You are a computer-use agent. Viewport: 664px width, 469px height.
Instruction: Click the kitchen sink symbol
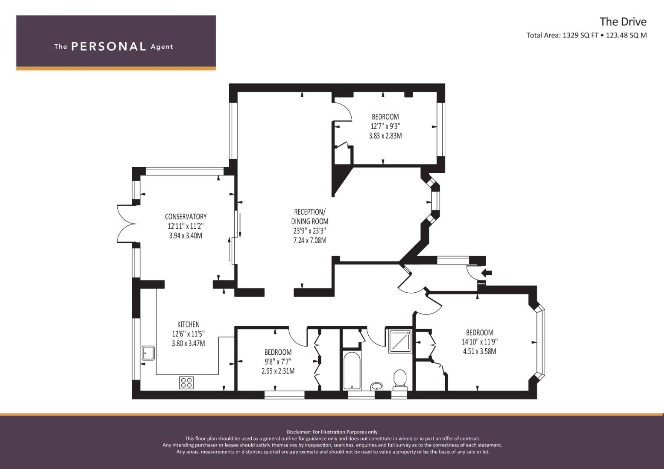(148, 353)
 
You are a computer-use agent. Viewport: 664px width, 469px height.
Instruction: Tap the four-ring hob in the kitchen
(187, 382)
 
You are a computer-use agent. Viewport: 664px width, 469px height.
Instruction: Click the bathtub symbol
(352, 370)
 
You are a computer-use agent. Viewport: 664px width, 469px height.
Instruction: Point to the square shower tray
(400, 341)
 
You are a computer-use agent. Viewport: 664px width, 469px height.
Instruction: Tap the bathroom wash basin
(377, 386)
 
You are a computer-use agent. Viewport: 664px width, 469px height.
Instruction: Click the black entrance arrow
(487, 273)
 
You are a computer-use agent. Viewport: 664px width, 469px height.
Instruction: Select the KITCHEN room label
(189, 324)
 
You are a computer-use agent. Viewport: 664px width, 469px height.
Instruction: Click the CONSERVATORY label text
(186, 216)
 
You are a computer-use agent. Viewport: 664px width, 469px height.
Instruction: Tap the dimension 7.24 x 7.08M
(310, 240)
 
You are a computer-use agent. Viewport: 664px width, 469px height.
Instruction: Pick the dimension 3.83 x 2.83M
(385, 136)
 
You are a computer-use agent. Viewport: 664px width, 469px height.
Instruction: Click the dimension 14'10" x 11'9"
(480, 342)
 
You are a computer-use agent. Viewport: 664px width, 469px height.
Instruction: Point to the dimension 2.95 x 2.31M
(278, 371)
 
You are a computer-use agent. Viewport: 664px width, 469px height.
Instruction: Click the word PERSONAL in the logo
(109, 46)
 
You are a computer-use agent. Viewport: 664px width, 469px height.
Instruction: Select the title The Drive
(623, 22)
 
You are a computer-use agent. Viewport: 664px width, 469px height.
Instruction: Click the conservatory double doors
(126, 224)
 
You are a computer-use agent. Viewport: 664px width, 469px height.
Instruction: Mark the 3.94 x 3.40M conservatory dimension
(186, 236)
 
